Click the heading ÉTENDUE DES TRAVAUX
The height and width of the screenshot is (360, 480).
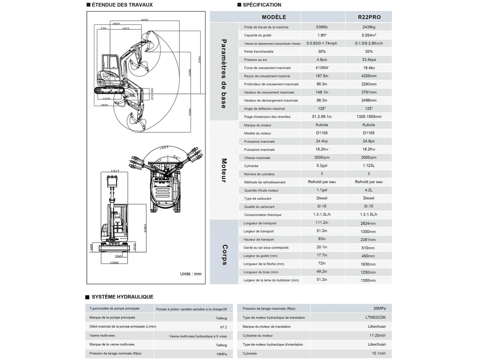point(122,5)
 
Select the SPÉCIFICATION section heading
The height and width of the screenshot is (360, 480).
point(262,5)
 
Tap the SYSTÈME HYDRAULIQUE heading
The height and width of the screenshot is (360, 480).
point(122,297)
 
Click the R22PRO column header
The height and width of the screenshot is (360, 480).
point(369,17)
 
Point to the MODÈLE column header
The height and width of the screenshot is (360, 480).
point(288,17)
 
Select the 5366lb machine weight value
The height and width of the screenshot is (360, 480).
point(322,27)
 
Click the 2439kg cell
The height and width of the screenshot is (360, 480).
point(369,27)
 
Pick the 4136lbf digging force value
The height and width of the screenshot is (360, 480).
point(322,68)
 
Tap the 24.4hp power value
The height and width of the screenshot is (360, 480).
point(322,141)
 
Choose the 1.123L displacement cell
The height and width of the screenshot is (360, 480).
point(369,166)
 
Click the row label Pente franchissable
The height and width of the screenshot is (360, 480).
point(259,51)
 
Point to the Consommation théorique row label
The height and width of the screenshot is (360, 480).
point(263,215)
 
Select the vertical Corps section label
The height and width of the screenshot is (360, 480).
point(224,254)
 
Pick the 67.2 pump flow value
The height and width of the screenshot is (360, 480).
point(223,327)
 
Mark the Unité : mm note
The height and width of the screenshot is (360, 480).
point(191,274)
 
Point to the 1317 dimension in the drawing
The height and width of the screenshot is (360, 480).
point(115,171)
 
